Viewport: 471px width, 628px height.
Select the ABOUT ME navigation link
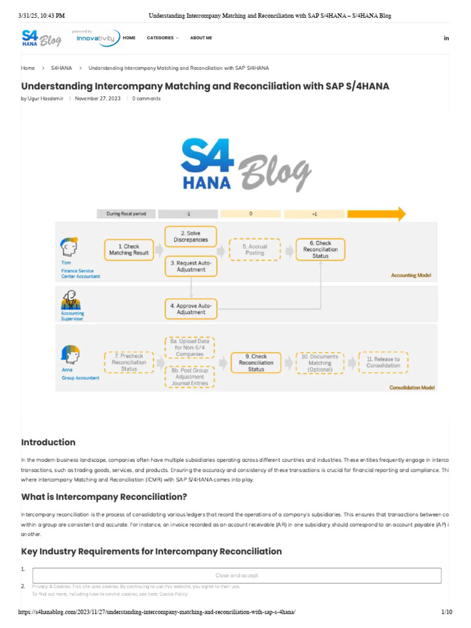coord(201,38)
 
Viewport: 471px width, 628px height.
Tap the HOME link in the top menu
coord(129,38)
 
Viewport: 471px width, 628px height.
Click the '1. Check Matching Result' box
coord(128,250)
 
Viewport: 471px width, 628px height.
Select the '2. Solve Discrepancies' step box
coord(191,236)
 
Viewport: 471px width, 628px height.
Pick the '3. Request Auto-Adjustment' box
coord(191,266)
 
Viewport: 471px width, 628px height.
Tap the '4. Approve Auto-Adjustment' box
coord(191,308)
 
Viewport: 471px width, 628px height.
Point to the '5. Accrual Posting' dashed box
coord(255,250)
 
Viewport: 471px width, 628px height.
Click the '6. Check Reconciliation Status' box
coord(320,250)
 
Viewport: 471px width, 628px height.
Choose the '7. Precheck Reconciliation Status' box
coord(128,362)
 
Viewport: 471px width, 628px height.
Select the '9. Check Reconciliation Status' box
coord(256,362)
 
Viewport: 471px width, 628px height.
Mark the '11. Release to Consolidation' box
coord(383,362)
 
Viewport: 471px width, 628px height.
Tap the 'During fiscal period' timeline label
coord(126,214)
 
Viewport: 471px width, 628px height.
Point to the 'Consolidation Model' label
coord(412,388)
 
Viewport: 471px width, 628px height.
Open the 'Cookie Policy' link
coord(174,594)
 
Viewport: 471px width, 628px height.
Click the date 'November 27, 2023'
coord(98,98)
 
